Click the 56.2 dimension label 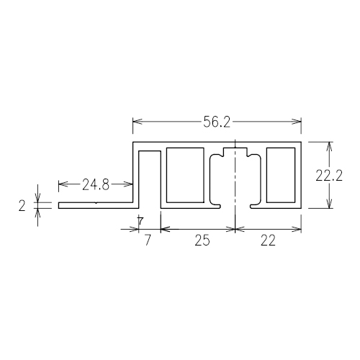pos(217,122)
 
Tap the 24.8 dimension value pos(96,184)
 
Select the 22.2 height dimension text pos(328,175)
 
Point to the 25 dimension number pos(202,240)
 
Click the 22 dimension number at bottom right pos(268,240)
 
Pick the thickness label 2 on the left pos(22,206)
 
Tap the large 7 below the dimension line pos(148,240)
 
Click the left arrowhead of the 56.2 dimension pos(138,122)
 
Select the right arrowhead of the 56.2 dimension pos(297,122)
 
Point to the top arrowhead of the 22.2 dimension pos(330,146)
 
